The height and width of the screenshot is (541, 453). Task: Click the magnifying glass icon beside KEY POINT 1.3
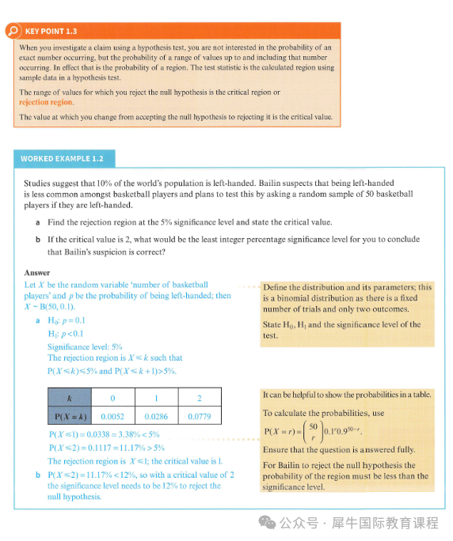[x=13, y=31]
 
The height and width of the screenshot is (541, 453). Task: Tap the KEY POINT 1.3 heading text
[x=51, y=32]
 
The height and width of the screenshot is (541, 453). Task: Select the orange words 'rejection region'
[x=46, y=102]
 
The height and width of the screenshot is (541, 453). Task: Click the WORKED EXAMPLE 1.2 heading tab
[x=64, y=159]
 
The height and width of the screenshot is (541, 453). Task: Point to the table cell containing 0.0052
[x=113, y=417]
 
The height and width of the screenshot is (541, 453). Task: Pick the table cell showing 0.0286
[x=156, y=417]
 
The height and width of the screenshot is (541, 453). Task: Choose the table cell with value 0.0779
[x=200, y=417]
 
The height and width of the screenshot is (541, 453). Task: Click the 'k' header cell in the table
[x=70, y=398]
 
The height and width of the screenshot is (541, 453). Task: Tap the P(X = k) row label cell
[x=70, y=417]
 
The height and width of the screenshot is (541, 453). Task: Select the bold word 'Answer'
[x=37, y=273]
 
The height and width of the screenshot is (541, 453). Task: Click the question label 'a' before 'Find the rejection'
[x=38, y=222]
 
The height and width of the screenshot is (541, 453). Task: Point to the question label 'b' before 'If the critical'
[x=38, y=240]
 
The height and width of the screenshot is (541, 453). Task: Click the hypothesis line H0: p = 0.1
[x=67, y=320]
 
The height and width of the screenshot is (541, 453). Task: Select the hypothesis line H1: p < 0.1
[x=66, y=334]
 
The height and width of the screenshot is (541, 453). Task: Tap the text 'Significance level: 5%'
[x=85, y=346]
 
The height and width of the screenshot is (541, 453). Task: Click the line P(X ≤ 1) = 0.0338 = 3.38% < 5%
[x=105, y=434]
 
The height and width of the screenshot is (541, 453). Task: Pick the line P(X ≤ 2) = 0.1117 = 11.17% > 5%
[x=107, y=448]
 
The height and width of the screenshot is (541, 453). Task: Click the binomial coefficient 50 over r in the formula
[x=313, y=432]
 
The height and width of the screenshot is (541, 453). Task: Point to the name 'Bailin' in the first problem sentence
[x=270, y=183]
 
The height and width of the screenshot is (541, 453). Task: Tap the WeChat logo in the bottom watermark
[x=267, y=523]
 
